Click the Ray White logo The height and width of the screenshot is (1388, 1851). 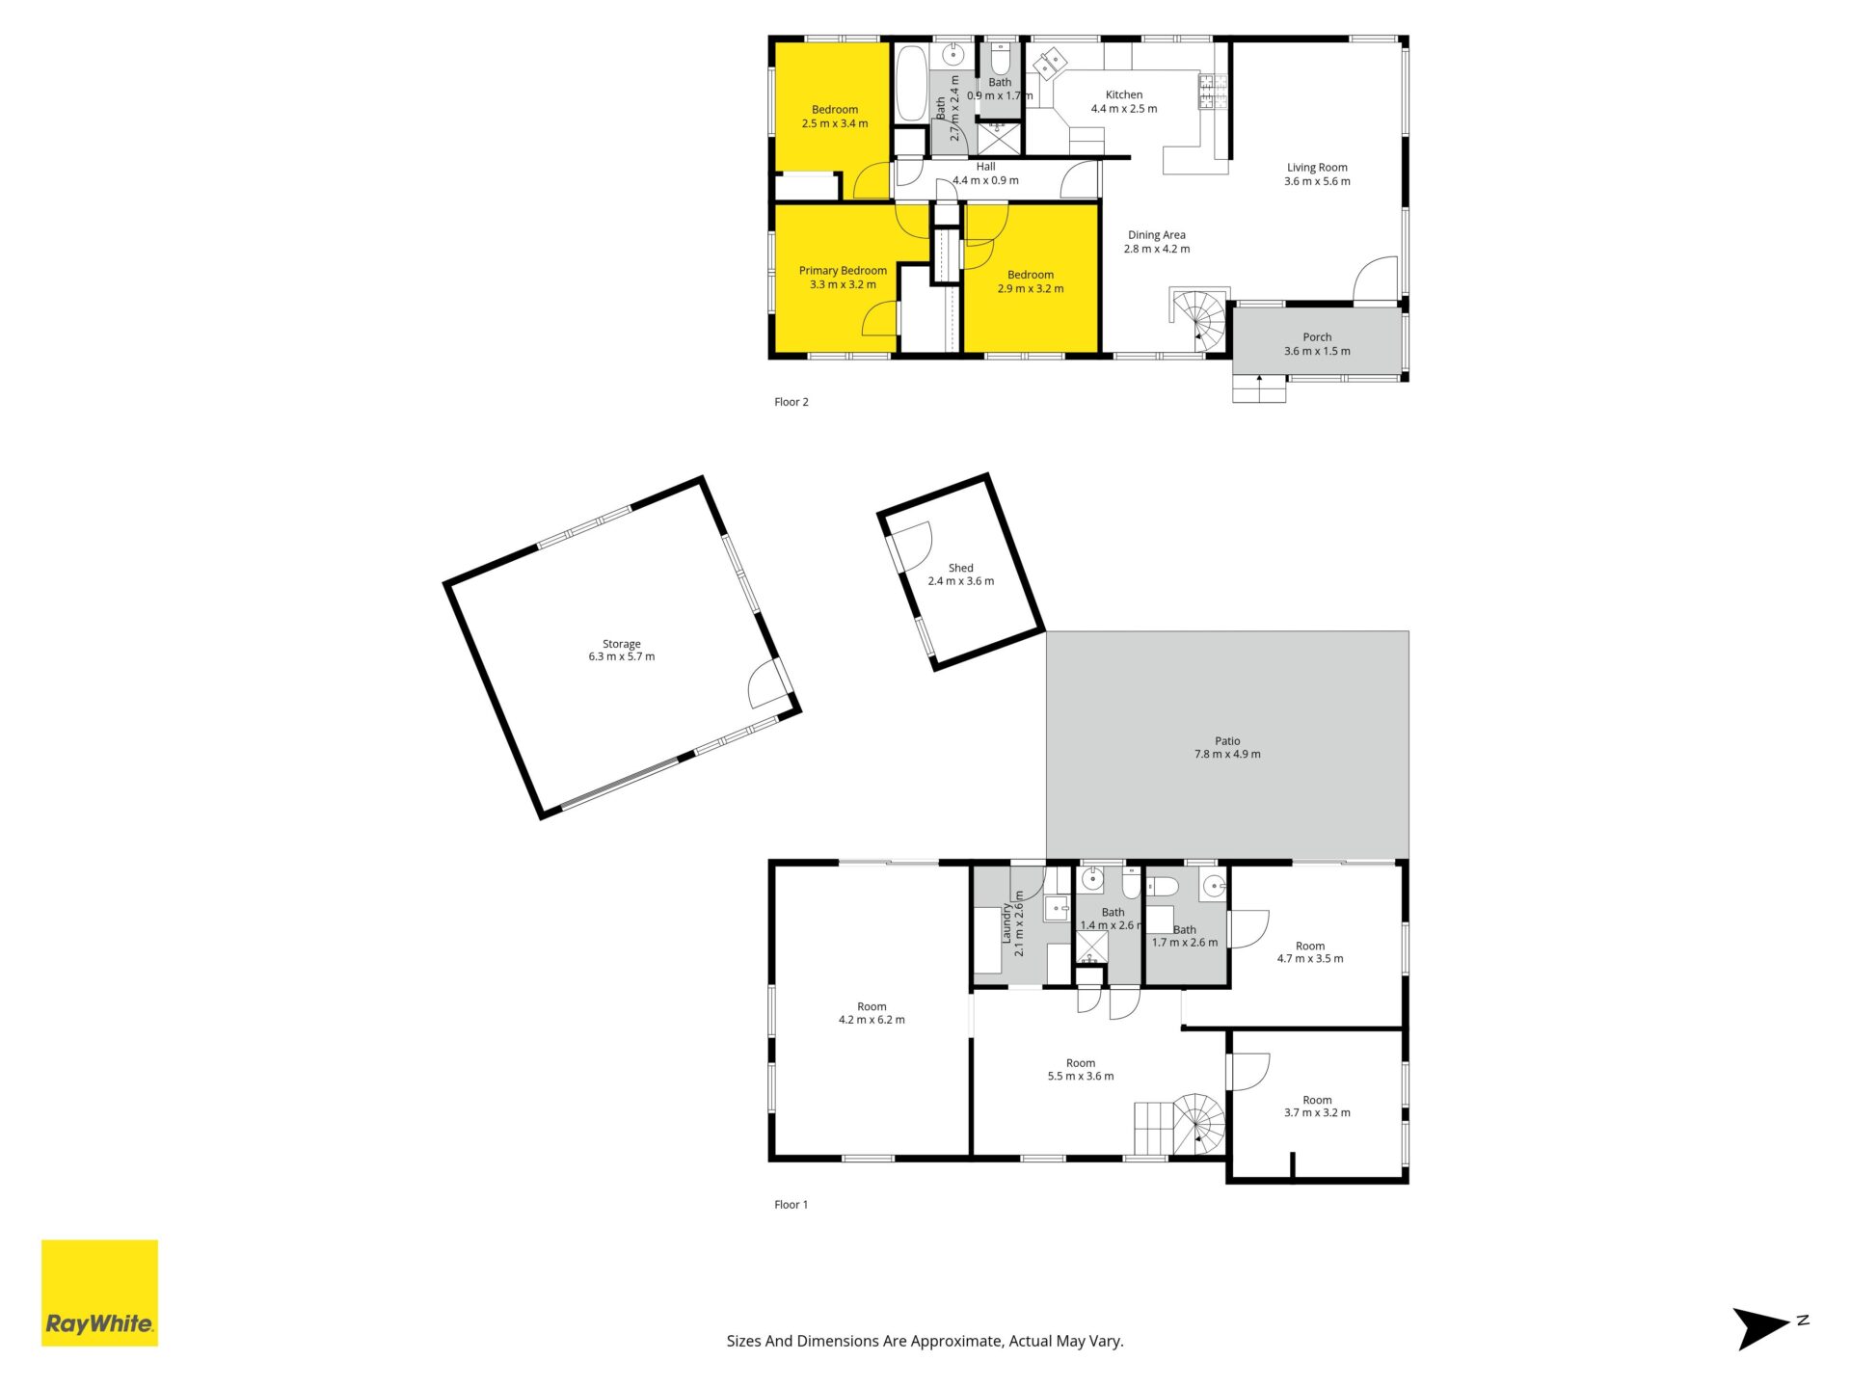(x=99, y=1293)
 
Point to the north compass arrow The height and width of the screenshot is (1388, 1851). (x=1762, y=1327)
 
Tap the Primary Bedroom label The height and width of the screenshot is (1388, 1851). (x=843, y=278)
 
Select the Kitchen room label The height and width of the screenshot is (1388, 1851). (x=1124, y=101)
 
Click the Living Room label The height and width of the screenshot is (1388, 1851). (x=1317, y=174)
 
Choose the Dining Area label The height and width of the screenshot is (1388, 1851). (x=1157, y=242)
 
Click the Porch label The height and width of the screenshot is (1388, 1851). (x=1317, y=344)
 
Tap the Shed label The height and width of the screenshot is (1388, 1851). (x=961, y=574)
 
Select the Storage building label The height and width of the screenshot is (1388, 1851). (x=622, y=650)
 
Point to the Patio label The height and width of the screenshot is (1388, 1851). (x=1227, y=748)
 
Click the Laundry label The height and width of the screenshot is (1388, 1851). (x=1012, y=923)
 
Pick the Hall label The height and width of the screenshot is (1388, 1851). (x=985, y=173)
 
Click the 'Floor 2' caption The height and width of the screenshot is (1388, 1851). (x=791, y=402)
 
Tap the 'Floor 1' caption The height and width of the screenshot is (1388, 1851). (x=791, y=1205)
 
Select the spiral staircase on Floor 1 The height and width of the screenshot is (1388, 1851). (x=1198, y=1123)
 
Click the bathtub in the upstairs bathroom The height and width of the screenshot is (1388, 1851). (x=911, y=83)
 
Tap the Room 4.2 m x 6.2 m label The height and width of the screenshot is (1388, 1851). (x=872, y=1013)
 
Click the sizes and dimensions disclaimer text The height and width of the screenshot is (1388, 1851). (x=925, y=1341)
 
